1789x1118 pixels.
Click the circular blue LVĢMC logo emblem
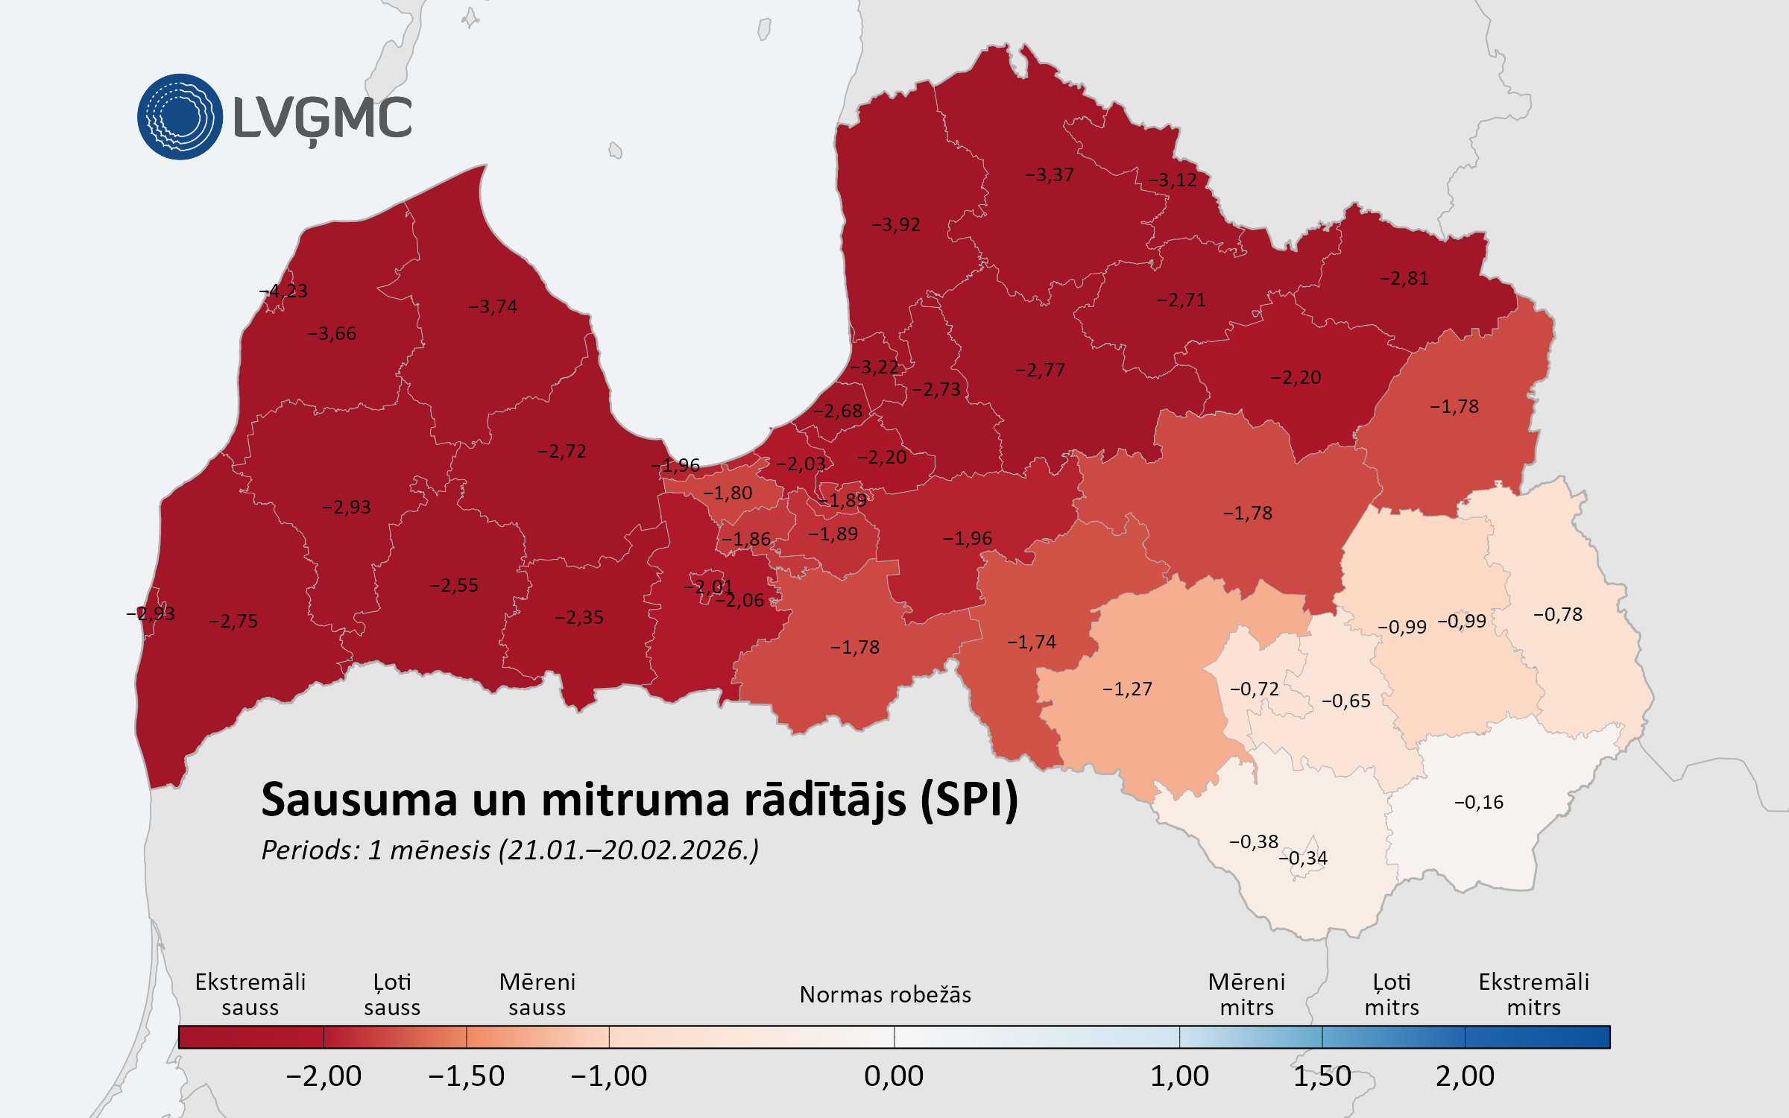pos(180,117)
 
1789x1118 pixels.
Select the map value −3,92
pos(896,224)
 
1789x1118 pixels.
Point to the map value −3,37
pos(1050,174)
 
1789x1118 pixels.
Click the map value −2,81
pos(1404,278)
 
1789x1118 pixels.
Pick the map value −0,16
pos(1479,802)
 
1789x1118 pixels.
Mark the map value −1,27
pos(1127,689)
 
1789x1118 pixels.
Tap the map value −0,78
pos(1558,614)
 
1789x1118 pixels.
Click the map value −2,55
pos(454,585)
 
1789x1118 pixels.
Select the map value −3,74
pos(493,306)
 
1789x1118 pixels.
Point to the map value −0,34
pos(1304,858)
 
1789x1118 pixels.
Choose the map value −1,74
pos(1032,642)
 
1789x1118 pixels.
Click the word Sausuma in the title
pos(359,800)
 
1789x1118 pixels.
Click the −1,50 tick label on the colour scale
pos(467,1076)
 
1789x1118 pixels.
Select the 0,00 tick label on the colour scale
pos(894,1076)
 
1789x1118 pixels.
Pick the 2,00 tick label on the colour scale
pos(1465,1076)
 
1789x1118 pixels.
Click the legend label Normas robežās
pos(885,994)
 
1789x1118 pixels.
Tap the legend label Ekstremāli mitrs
pos(1533,994)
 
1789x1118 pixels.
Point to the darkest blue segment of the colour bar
pos(1537,1037)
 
